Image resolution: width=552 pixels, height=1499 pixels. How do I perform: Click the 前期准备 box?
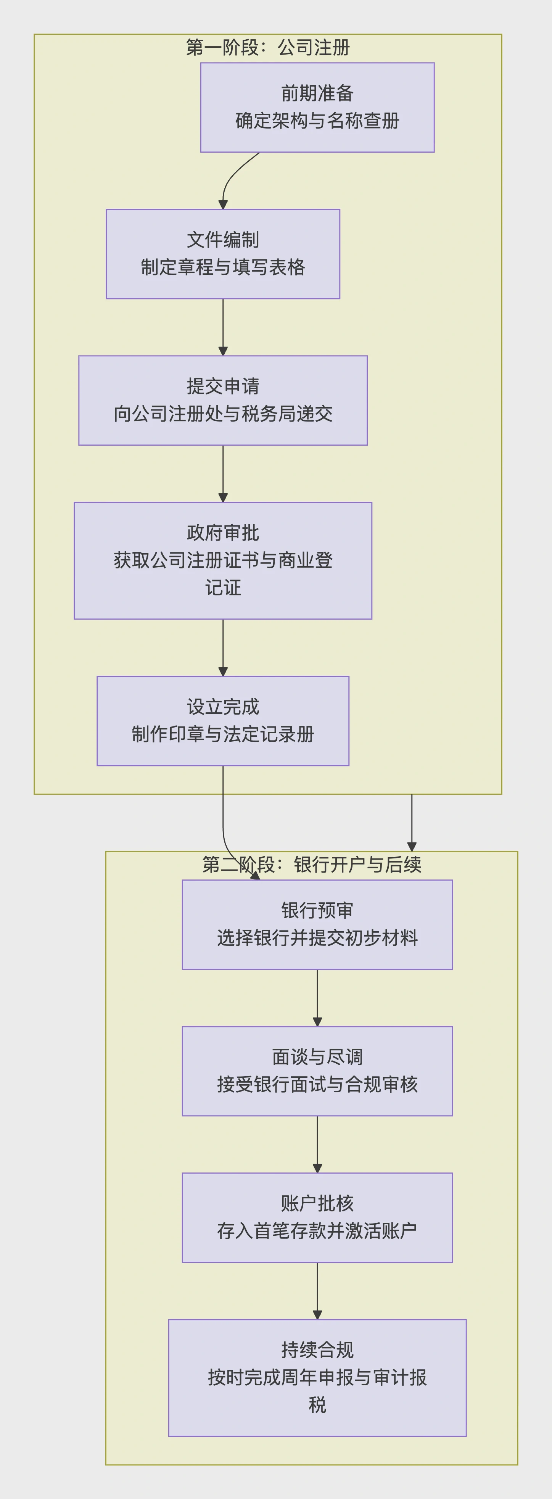pyautogui.click(x=317, y=108)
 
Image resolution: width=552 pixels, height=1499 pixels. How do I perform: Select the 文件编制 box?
pyautogui.click(x=223, y=254)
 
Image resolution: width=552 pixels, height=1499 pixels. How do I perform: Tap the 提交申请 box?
pyautogui.click(x=223, y=400)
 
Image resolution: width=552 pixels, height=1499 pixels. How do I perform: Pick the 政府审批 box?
pyautogui.click(x=223, y=560)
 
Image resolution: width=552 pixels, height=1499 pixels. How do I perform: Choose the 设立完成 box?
pyautogui.click(x=223, y=720)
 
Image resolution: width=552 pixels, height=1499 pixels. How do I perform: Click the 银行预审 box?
pyautogui.click(x=317, y=925)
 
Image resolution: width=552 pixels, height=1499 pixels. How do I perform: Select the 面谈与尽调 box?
pyautogui.click(x=317, y=1071)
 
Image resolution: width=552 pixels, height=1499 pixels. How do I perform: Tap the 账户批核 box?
pyautogui.click(x=317, y=1217)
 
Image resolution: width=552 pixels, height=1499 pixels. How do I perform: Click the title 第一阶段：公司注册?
pyautogui.click(x=267, y=48)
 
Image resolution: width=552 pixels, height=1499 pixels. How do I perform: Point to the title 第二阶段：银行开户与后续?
pyautogui.click(x=311, y=865)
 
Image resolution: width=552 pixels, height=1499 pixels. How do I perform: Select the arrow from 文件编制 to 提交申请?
pyautogui.click(x=223, y=327)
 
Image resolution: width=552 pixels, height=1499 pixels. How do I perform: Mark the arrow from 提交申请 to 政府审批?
pyautogui.click(x=223, y=474)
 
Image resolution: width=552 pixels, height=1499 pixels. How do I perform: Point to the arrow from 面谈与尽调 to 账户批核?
pyautogui.click(x=317, y=1144)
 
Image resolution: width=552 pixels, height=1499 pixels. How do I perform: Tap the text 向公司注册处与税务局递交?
pyautogui.click(x=223, y=414)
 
